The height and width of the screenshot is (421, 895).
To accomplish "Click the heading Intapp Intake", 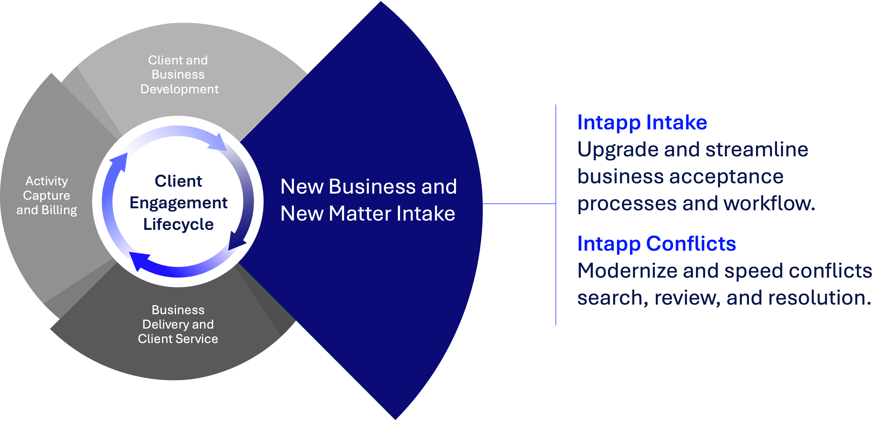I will pyautogui.click(x=642, y=123).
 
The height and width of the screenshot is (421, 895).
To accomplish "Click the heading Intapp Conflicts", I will pyautogui.click(x=657, y=244).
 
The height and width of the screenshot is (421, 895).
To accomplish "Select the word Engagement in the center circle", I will pyautogui.click(x=178, y=203).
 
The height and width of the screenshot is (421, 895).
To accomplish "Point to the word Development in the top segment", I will pyautogui.click(x=179, y=89).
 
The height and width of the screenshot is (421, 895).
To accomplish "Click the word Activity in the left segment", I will pyautogui.click(x=47, y=181).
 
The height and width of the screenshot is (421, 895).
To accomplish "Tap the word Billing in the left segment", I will pyautogui.click(x=59, y=210).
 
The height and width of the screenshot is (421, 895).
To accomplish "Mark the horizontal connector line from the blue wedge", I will pyautogui.click(x=519, y=204).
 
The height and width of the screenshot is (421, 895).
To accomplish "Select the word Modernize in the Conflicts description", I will pyautogui.click(x=627, y=271).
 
